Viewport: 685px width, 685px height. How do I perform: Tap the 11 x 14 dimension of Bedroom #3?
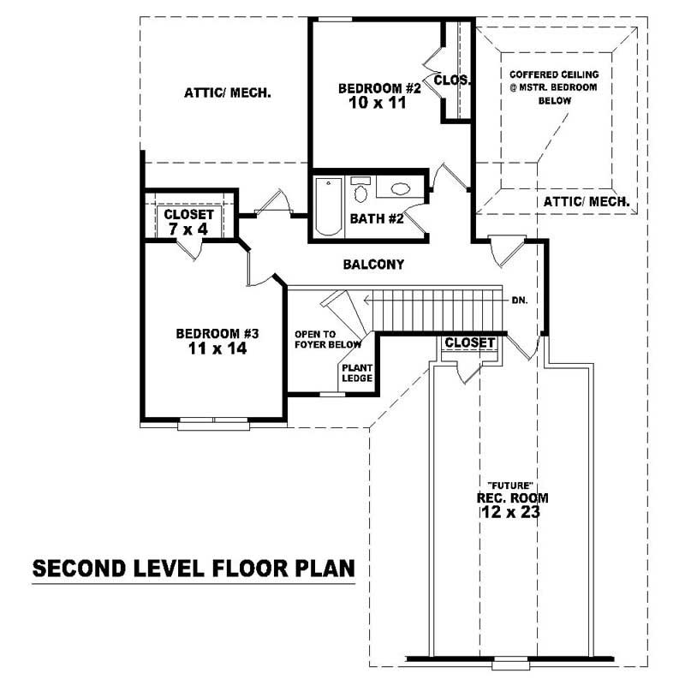(x=211, y=348)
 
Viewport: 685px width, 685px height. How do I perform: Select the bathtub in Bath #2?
(x=328, y=206)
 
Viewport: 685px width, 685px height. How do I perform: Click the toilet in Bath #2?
(x=361, y=190)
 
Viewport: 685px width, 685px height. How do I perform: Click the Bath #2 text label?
(x=376, y=219)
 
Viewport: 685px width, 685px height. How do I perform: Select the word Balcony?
(x=373, y=265)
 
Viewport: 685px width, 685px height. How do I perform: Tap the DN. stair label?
(x=520, y=301)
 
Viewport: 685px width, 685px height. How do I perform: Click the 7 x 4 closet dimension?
(x=188, y=229)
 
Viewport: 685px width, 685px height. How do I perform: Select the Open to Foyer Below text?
(x=328, y=339)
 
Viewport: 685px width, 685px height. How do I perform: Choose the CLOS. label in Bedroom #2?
(x=452, y=80)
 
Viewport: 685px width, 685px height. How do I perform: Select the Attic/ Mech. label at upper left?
(x=228, y=92)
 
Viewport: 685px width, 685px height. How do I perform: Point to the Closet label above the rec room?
(x=470, y=342)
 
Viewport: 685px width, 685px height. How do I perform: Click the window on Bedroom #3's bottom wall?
(x=213, y=421)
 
